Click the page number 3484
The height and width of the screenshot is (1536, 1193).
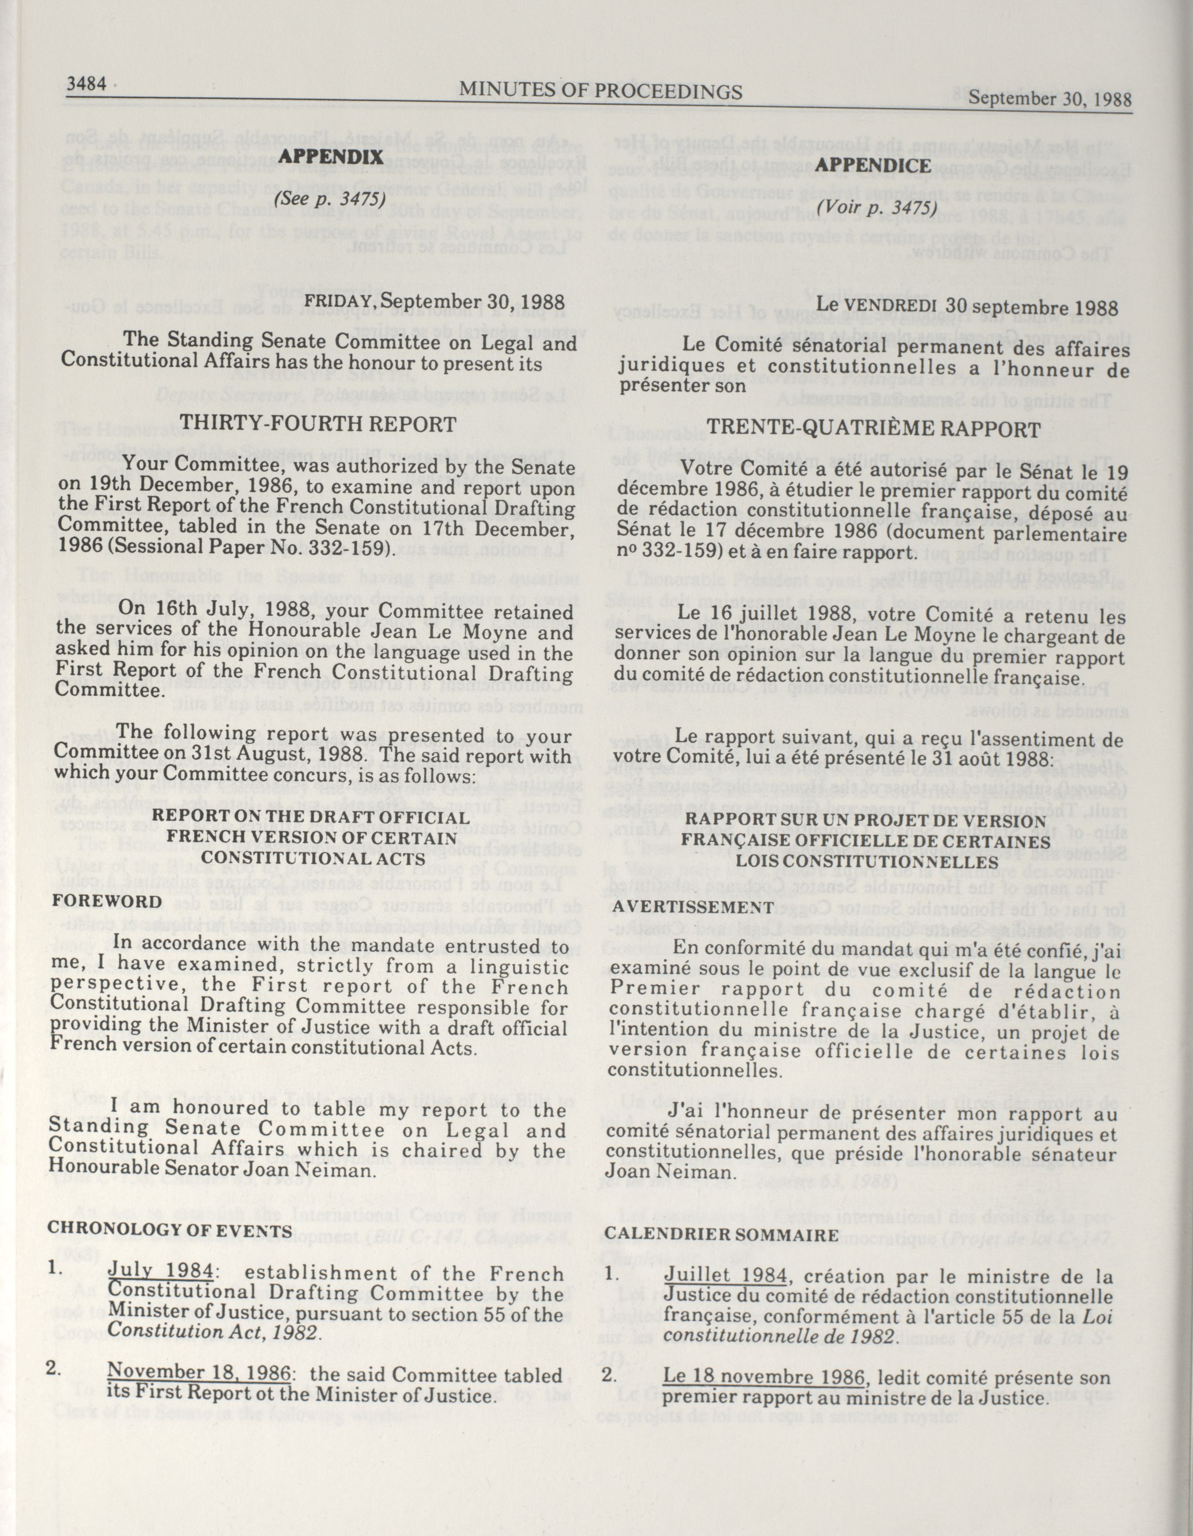click(86, 84)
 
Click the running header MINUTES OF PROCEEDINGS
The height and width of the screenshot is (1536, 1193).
click(601, 91)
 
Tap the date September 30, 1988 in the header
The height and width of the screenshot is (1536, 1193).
click(1050, 98)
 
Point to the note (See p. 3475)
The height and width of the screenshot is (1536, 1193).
click(331, 199)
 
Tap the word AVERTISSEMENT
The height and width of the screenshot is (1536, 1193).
click(692, 907)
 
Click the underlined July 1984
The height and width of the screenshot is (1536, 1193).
click(161, 1270)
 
